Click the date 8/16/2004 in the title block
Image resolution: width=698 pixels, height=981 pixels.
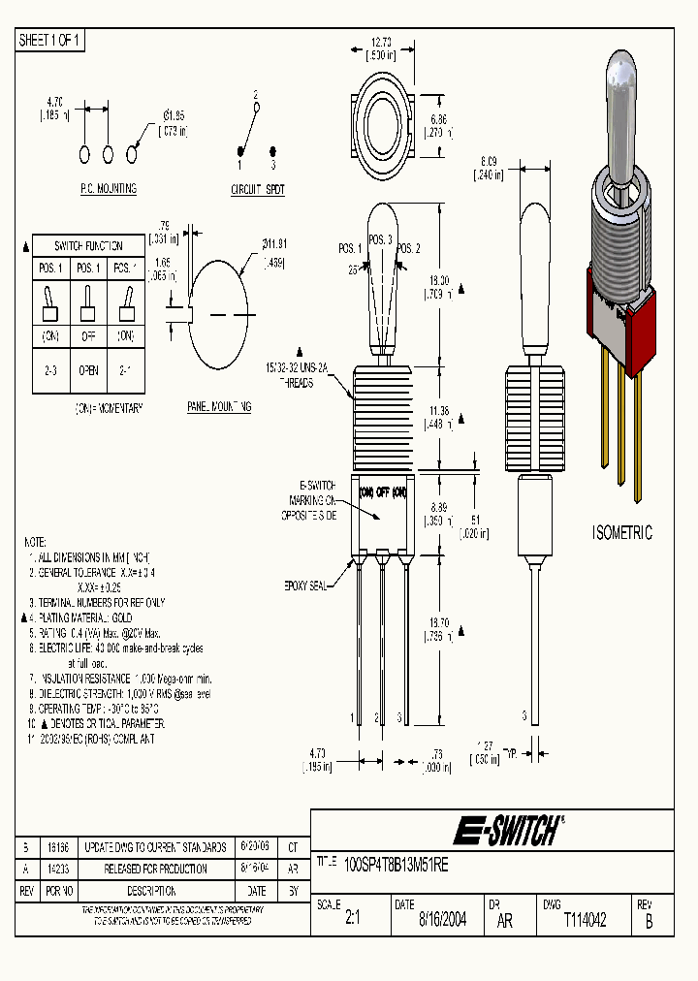pos(442,921)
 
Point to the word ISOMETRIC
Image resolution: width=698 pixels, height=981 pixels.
pos(622,533)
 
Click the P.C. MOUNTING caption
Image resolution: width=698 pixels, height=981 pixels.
pos(108,189)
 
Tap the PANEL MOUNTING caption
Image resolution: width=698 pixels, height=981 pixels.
pos(219,407)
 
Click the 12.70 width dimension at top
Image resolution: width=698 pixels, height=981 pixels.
pos(381,42)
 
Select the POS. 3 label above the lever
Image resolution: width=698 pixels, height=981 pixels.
pos(380,240)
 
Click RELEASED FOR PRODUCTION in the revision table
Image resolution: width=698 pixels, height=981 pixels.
pos(155,869)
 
